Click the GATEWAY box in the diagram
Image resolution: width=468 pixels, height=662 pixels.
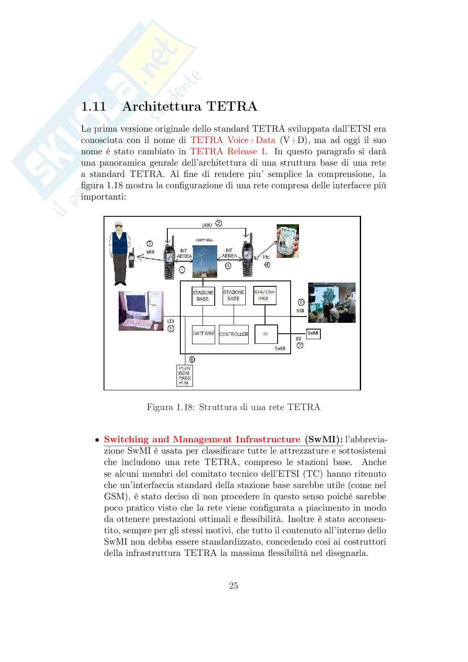[203, 334]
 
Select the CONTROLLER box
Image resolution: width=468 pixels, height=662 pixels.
[234, 335]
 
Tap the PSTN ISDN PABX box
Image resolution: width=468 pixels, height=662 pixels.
[185, 375]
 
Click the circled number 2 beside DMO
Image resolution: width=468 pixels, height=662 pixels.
[219, 224]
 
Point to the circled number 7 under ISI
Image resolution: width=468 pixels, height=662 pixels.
[300, 345]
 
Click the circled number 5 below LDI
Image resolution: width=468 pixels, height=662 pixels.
[171, 329]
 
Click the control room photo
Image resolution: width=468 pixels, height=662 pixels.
[332, 303]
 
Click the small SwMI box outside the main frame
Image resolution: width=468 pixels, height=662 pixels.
[313, 334]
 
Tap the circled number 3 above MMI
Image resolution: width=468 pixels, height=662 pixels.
[150, 244]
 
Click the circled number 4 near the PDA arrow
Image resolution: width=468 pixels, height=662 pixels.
[267, 265]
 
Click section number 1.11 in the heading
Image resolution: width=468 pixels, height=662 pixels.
[94, 107]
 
